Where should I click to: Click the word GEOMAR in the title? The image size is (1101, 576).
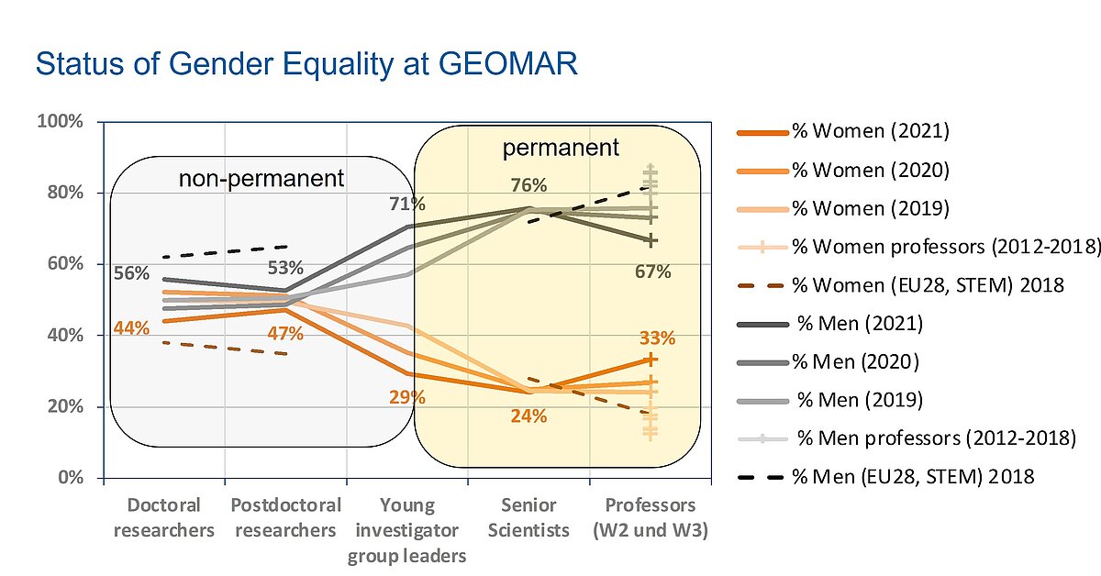tap(507, 64)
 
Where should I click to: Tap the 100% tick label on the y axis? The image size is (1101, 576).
tap(60, 121)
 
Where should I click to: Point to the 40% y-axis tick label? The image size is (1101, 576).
tap(65, 335)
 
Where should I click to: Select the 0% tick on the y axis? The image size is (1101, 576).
tap(71, 477)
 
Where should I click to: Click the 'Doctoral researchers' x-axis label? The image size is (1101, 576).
tap(163, 517)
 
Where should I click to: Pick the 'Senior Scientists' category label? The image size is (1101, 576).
tap(528, 517)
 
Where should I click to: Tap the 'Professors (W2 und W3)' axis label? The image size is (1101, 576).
tap(651, 517)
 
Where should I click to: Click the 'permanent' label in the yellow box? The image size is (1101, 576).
tap(561, 148)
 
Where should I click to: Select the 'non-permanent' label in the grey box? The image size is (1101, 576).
tap(261, 179)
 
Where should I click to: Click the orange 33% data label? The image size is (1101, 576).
tap(657, 338)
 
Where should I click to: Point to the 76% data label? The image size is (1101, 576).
tap(528, 185)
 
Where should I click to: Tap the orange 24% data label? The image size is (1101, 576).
tap(528, 416)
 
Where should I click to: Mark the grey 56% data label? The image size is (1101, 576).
tap(131, 273)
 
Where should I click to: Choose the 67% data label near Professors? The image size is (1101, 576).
tap(652, 271)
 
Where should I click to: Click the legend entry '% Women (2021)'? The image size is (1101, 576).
tap(843, 131)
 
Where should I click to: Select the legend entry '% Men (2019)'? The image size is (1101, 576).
tap(830, 400)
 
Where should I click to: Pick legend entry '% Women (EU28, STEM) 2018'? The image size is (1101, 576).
tap(901, 285)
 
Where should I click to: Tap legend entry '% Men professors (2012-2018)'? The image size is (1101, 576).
tap(907, 438)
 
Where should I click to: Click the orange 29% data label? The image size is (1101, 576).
tap(407, 397)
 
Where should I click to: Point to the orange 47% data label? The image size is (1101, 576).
tap(285, 334)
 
